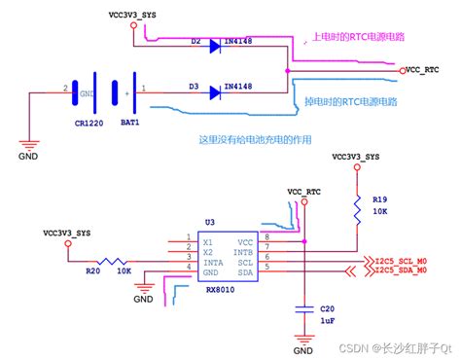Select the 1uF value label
click(x=329, y=319)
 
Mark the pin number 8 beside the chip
click(x=267, y=235)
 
